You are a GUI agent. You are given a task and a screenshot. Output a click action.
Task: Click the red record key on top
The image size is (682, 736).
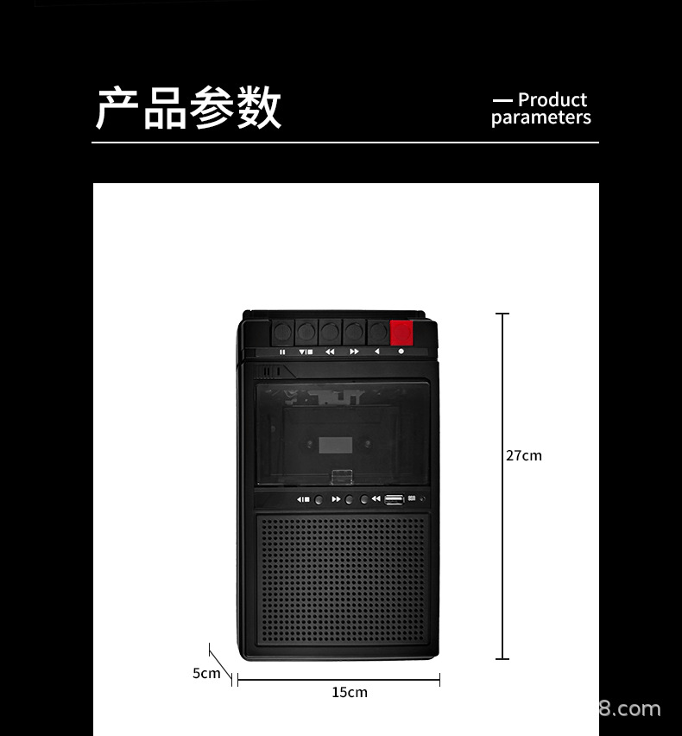[x=401, y=333]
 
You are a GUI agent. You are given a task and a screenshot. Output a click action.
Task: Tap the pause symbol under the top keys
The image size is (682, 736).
[x=282, y=352]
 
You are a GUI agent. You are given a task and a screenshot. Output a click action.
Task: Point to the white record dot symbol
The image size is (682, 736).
[x=401, y=352]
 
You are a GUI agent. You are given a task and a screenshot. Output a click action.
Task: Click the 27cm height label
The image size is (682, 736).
[x=524, y=455]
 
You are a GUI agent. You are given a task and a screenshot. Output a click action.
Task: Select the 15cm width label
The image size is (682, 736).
[x=350, y=692]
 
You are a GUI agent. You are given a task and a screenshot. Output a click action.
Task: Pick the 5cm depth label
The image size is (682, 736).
[x=206, y=673]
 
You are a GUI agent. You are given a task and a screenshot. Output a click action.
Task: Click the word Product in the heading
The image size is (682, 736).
[x=553, y=100]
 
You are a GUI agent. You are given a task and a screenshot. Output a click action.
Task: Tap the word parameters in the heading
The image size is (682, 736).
[x=541, y=118]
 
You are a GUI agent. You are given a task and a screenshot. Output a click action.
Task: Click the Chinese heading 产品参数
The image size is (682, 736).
[x=188, y=109]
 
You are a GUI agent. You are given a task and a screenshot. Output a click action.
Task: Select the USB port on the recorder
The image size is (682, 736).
[x=394, y=498]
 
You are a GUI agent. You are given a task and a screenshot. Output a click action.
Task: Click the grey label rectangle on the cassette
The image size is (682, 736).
[x=335, y=446]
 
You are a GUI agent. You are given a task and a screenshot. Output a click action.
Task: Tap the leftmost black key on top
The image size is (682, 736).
[x=282, y=332]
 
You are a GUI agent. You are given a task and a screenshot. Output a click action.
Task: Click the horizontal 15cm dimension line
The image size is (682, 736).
[x=338, y=681]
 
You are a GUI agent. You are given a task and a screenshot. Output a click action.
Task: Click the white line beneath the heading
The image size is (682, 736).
[x=345, y=143]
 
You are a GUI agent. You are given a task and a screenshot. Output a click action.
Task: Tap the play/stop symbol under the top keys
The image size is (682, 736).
[x=306, y=352]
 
